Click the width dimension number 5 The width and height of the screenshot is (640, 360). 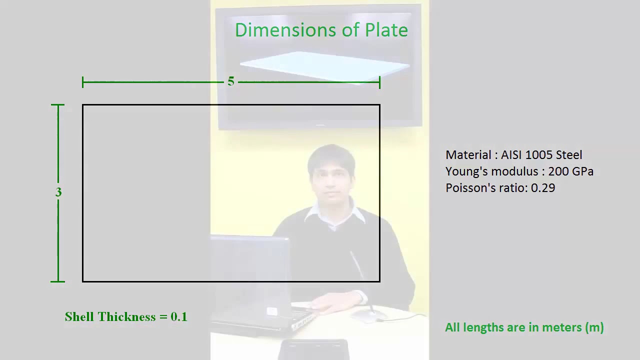click(230, 81)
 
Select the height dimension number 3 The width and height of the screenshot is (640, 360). click(58, 192)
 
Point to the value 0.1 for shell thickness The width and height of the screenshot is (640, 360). click(179, 316)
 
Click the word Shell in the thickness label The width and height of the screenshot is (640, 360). click(79, 316)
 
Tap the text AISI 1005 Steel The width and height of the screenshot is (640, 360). click(541, 155)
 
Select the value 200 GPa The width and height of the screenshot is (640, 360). click(570, 171)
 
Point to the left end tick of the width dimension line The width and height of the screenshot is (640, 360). click(83, 82)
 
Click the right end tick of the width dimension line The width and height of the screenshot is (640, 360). click(379, 82)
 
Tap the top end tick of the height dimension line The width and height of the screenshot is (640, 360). click(58, 105)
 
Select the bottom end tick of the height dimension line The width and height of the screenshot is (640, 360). click(58, 281)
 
